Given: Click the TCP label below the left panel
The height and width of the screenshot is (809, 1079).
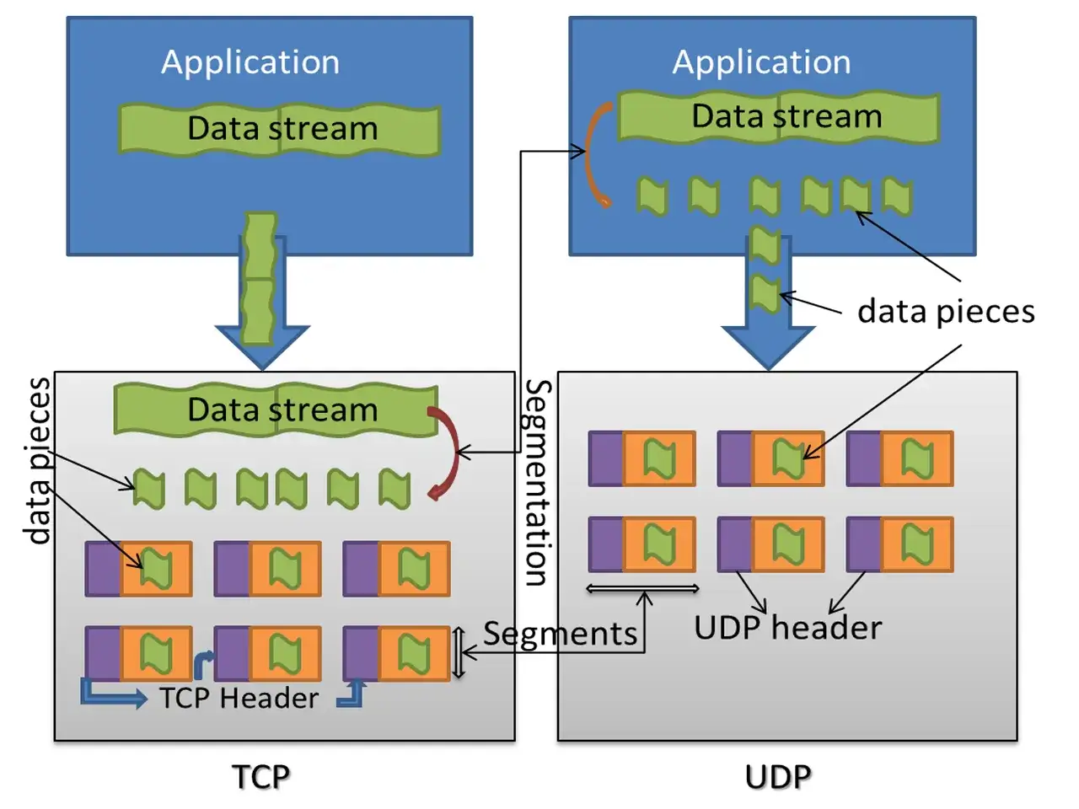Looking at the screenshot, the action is tap(260, 777).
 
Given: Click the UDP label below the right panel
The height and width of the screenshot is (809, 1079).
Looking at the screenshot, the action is tap(778, 777).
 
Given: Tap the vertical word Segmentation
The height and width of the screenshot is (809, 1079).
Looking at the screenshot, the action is tap(538, 482).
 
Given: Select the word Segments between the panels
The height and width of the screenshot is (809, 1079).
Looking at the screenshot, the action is tap(561, 634).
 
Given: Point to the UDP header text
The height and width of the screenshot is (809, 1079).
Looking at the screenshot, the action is tap(788, 627).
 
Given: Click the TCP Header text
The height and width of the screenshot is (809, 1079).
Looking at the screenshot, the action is tap(239, 698).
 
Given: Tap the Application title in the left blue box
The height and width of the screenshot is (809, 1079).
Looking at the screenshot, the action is tap(250, 63).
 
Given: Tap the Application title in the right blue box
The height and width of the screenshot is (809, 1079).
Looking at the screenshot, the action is tap(761, 63).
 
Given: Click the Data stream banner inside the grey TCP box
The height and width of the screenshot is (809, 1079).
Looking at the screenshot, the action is tap(276, 410).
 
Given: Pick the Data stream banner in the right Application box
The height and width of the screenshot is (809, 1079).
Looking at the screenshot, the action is tap(779, 117).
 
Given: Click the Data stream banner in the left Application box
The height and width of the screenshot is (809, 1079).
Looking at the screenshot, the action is tap(279, 130).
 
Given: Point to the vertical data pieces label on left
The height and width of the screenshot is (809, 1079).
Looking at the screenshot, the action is tap(37, 461).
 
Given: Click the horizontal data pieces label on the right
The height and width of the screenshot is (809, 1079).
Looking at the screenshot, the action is tap(947, 312).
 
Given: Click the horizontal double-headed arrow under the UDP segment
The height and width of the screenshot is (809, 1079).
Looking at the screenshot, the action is tap(643, 588).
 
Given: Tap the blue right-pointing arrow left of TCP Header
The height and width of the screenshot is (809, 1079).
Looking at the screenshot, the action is tap(113, 694).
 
